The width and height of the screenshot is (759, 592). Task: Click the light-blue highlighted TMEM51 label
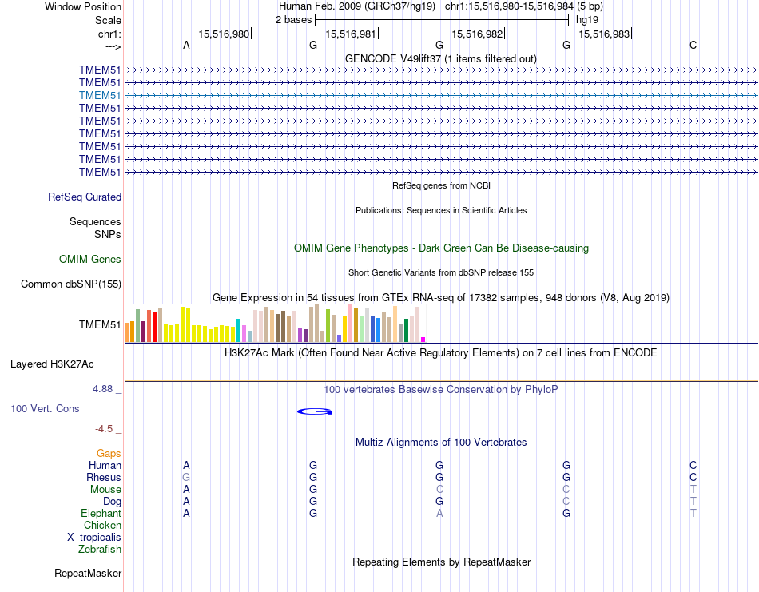click(x=100, y=95)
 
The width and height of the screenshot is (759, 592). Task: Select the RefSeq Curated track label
click(x=85, y=197)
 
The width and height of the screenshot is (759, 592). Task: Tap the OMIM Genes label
click(x=90, y=259)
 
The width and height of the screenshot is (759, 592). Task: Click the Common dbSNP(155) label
click(x=71, y=284)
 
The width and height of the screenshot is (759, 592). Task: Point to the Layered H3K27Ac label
click(x=52, y=364)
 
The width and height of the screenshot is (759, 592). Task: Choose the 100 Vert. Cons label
click(x=45, y=408)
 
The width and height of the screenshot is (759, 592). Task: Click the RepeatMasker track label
click(x=88, y=573)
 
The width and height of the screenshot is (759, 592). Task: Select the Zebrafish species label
click(x=100, y=549)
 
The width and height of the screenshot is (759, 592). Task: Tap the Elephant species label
click(x=101, y=513)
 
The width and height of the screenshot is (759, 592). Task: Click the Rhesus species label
click(x=104, y=477)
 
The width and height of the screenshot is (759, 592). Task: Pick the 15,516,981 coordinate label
click(x=351, y=34)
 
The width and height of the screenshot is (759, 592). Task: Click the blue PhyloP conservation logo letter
click(x=314, y=411)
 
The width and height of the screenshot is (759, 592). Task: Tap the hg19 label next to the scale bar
click(x=587, y=19)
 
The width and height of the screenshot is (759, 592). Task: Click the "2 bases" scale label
click(x=294, y=19)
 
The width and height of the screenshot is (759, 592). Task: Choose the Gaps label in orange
click(x=109, y=453)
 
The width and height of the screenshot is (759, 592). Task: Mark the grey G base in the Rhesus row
click(x=186, y=477)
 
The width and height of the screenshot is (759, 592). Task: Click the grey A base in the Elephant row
click(x=439, y=513)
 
